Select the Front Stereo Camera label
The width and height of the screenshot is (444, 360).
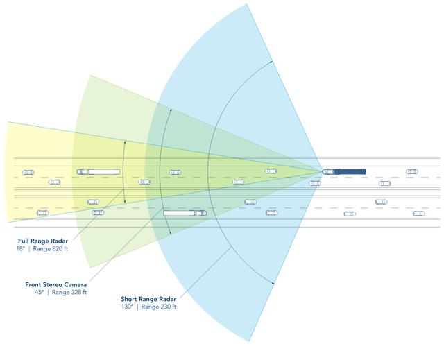[x=55, y=284]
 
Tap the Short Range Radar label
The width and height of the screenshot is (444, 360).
[x=148, y=298]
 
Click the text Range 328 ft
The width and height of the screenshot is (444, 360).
[x=70, y=292]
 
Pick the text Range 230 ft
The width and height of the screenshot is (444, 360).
[x=159, y=306]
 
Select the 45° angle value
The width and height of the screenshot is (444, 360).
[x=39, y=292]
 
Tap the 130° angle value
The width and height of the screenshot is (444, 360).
[x=127, y=306]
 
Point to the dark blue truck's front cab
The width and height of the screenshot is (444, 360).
[x=328, y=171]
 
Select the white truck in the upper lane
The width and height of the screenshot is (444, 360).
[x=98, y=171]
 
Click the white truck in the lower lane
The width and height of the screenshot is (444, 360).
[x=185, y=213]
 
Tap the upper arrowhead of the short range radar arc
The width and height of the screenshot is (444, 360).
[x=271, y=62]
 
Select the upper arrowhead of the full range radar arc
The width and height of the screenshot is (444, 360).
[x=125, y=142]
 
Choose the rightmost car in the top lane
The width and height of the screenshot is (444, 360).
[x=412, y=171]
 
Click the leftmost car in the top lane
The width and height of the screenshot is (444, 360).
[x=28, y=172]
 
